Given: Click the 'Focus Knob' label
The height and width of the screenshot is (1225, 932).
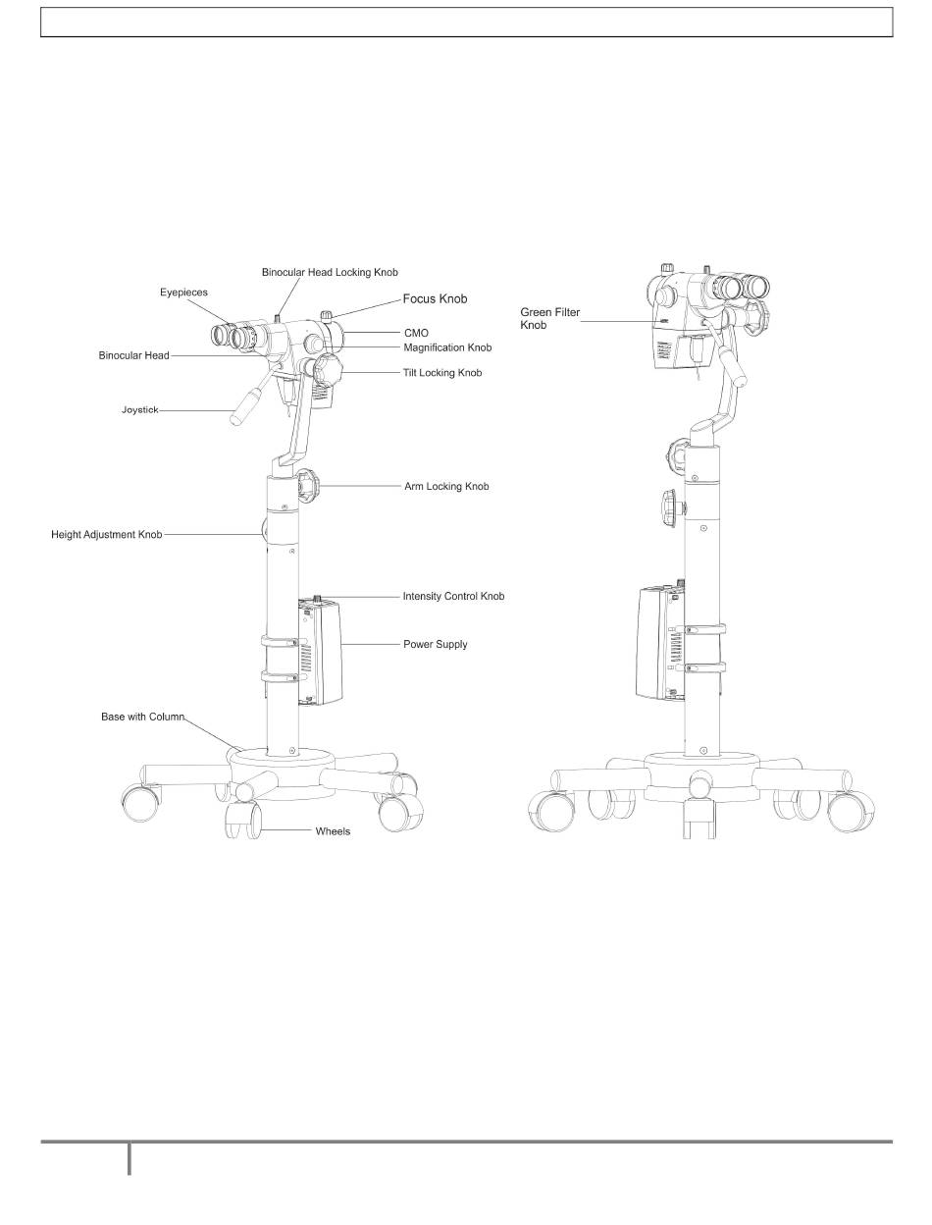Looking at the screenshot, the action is tap(435, 299).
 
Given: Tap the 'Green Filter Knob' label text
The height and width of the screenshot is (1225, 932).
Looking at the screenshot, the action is tap(550, 319).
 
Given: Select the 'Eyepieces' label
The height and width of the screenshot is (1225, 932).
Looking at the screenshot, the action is tap(183, 293).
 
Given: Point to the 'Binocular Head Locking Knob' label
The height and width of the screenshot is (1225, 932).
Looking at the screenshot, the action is tap(330, 272).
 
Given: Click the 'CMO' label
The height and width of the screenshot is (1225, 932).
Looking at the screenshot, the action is tap(416, 333).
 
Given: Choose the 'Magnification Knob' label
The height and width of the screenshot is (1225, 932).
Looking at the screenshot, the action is tap(447, 347).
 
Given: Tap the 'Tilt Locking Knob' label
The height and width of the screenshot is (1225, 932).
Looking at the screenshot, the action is tap(442, 373).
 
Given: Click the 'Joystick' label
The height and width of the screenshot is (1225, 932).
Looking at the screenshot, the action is tap(140, 410).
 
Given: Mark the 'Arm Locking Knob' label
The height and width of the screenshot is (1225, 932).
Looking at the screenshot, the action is tap(446, 487).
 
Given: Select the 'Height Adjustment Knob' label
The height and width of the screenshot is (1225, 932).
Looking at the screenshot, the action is tap(107, 535).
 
